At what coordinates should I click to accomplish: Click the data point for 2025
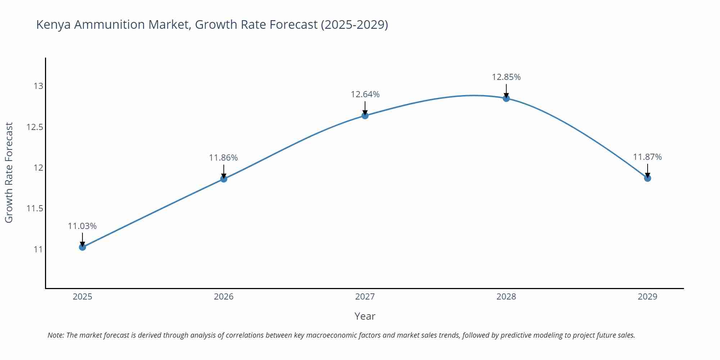click(x=82, y=247)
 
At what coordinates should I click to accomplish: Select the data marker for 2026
click(x=224, y=179)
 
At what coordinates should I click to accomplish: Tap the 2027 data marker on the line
click(x=365, y=116)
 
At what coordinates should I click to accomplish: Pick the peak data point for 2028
click(x=506, y=98)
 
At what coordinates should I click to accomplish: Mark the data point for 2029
click(x=647, y=178)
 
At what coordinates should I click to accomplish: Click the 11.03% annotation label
click(x=82, y=226)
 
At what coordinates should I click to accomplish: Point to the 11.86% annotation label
click(x=224, y=158)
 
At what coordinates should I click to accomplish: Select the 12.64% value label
click(x=365, y=94)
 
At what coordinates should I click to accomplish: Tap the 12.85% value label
click(x=506, y=77)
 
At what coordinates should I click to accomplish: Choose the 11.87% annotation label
click(x=647, y=157)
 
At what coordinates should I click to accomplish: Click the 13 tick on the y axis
click(x=39, y=86)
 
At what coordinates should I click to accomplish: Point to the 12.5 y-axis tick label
click(x=35, y=127)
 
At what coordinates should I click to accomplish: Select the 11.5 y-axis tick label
click(x=35, y=208)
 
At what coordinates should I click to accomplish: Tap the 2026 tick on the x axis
click(x=224, y=297)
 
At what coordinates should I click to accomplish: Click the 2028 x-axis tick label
click(x=506, y=297)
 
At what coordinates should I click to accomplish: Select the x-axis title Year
click(x=365, y=316)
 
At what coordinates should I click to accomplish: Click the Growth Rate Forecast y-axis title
click(x=9, y=172)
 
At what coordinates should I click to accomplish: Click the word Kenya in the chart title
click(x=53, y=25)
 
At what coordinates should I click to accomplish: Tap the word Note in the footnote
click(x=55, y=335)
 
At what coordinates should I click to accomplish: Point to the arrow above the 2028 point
click(x=506, y=91)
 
